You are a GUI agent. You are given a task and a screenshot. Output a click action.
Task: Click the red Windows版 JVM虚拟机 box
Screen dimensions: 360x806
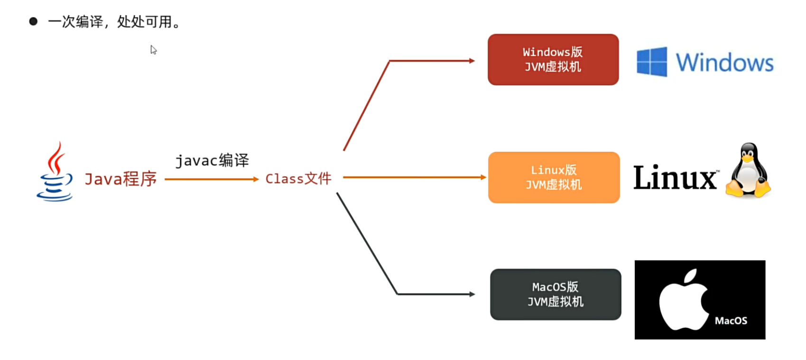coord(553,60)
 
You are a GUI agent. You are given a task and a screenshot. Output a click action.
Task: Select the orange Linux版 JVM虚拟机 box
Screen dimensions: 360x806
coord(554,177)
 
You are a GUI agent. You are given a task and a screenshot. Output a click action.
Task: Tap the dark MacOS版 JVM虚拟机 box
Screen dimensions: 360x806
coord(555,295)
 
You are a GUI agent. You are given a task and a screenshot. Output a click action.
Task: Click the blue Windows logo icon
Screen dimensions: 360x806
coord(651,62)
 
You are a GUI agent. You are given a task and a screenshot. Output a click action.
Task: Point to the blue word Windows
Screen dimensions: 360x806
coord(724,63)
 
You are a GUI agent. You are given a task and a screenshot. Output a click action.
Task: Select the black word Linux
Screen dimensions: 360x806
coord(675,178)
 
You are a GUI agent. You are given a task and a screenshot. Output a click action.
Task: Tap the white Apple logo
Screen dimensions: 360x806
coord(683,300)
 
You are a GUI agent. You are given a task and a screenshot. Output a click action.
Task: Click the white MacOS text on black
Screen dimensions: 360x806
coord(731,321)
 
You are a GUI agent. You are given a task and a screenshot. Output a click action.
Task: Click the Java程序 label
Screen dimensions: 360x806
coord(120,179)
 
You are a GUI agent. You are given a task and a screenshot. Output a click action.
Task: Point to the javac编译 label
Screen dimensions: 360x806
coord(212,160)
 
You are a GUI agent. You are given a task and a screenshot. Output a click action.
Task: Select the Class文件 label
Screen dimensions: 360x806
coord(298,179)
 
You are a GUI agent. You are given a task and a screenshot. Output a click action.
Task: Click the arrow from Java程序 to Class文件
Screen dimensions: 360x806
coord(211,179)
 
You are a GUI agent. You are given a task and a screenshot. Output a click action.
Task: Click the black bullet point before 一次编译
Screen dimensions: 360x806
coord(33,21)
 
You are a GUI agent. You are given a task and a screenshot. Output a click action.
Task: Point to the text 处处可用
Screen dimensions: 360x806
coord(145,22)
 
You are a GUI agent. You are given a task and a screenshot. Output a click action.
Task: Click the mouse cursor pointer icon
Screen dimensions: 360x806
coord(153,50)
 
